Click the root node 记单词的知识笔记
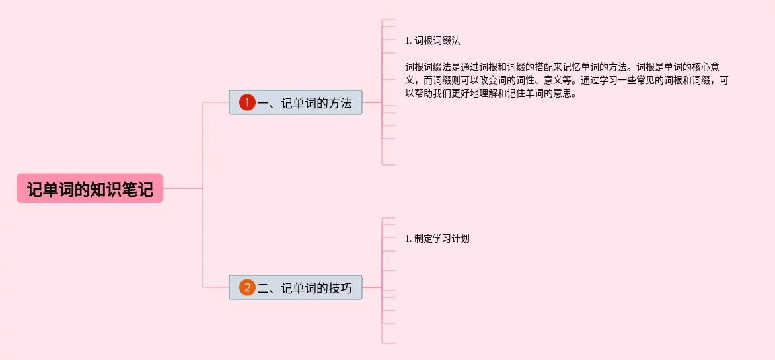pyautogui.click(x=90, y=189)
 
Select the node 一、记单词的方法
pyautogui.click(x=295, y=102)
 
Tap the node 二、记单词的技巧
pyautogui.click(x=295, y=287)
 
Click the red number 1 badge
pyautogui.click(x=247, y=102)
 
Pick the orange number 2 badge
pyautogui.click(x=247, y=287)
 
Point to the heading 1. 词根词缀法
pyautogui.click(x=433, y=40)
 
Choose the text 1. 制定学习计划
pyautogui.click(x=437, y=239)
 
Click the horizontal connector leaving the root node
pyautogui.click(x=182, y=188)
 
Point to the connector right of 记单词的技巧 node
pyautogui.click(x=372, y=287)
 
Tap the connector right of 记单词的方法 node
pyautogui.click(x=372, y=102)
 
